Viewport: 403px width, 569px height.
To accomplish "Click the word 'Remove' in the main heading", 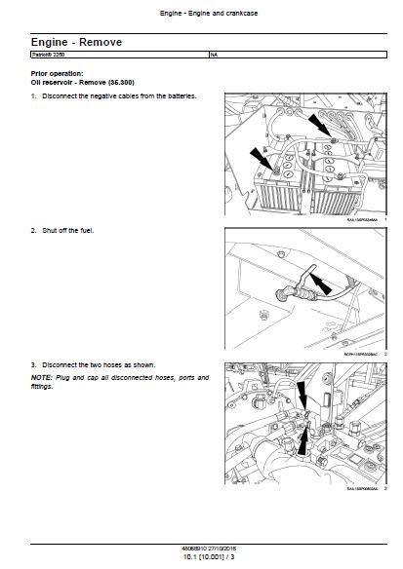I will (x=91, y=44).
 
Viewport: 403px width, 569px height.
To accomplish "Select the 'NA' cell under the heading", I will (x=214, y=56).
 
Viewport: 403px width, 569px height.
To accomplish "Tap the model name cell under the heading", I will (x=50, y=56).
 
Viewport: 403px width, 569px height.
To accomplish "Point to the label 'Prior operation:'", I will (x=58, y=73).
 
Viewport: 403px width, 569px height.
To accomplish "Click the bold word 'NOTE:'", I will (x=42, y=376).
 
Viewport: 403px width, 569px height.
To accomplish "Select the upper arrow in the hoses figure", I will (x=301, y=395).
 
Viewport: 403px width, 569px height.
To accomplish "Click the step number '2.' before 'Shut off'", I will (x=34, y=230).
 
